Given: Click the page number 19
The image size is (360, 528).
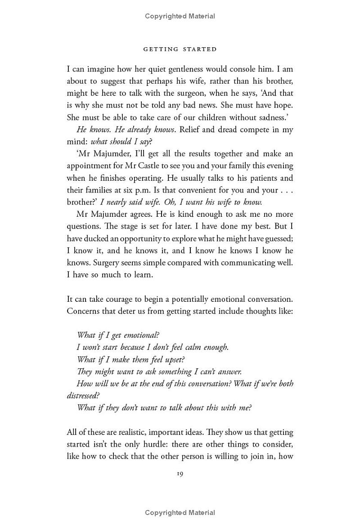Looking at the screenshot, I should [180, 474].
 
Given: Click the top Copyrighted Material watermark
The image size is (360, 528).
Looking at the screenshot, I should [180, 16].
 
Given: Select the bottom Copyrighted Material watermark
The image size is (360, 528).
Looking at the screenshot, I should [180, 513].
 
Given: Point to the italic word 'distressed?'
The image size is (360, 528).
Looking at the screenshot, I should [83, 396].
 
